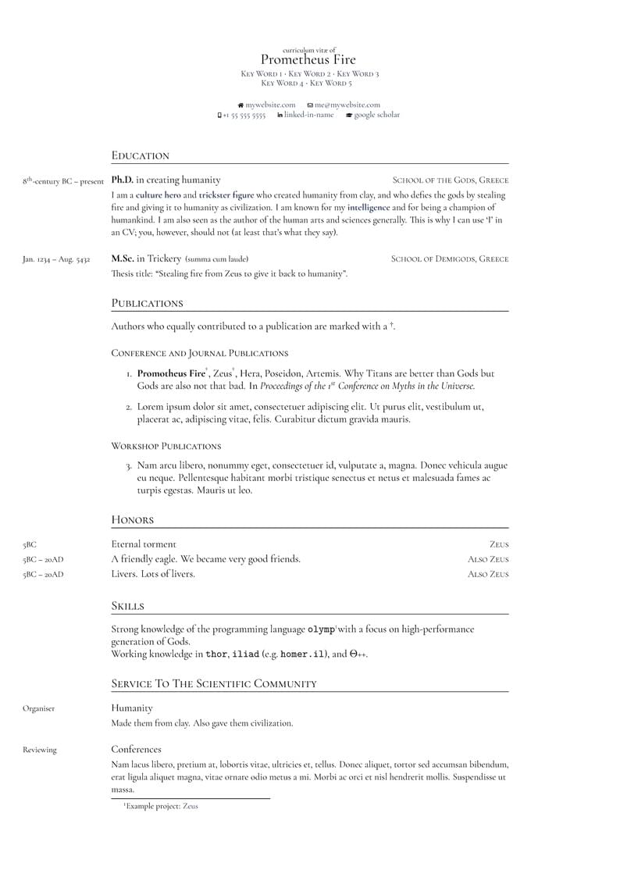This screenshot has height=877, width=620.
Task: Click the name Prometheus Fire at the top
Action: [x=308, y=60]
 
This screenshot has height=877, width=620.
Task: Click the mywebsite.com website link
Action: [x=270, y=105]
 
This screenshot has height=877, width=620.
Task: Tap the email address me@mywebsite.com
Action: [x=347, y=105]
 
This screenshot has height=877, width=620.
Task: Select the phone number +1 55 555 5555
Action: [x=244, y=115]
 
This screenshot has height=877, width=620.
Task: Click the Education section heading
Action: [x=141, y=155]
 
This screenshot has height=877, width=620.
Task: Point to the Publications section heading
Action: [x=147, y=303]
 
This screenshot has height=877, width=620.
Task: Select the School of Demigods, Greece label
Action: [x=449, y=258]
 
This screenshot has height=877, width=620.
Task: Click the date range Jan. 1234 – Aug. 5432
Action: [x=56, y=259]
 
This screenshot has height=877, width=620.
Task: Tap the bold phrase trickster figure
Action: [x=226, y=195]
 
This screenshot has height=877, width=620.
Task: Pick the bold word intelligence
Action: [x=369, y=208]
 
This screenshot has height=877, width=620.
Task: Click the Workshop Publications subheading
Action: [x=166, y=446]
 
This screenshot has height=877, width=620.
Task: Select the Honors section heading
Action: [x=133, y=519]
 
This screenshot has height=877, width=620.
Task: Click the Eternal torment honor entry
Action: [x=144, y=544]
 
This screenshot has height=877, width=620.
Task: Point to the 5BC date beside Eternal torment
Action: [x=30, y=545]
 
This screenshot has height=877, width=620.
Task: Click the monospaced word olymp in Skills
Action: [x=321, y=629]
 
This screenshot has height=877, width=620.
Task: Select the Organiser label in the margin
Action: [x=39, y=708]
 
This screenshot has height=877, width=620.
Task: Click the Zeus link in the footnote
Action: [x=191, y=806]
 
